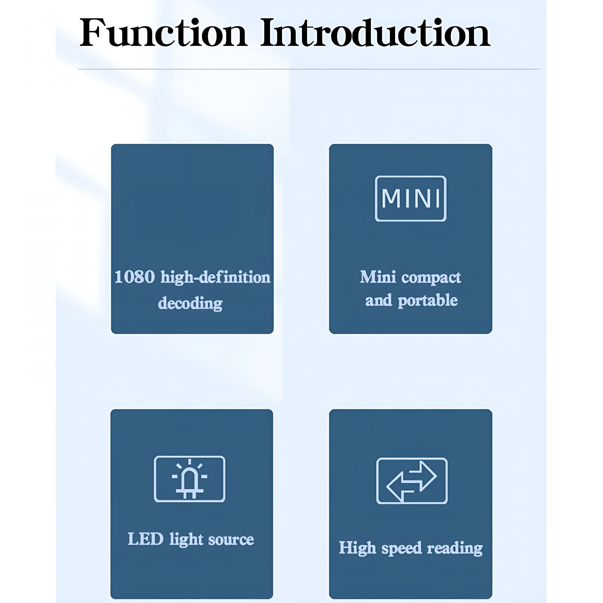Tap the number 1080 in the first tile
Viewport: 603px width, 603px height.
point(135,277)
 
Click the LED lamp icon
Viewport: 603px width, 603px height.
point(189,479)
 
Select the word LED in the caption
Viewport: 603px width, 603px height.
point(146,539)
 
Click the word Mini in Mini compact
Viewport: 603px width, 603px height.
point(378,277)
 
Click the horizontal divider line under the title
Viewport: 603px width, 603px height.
point(309,69)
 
